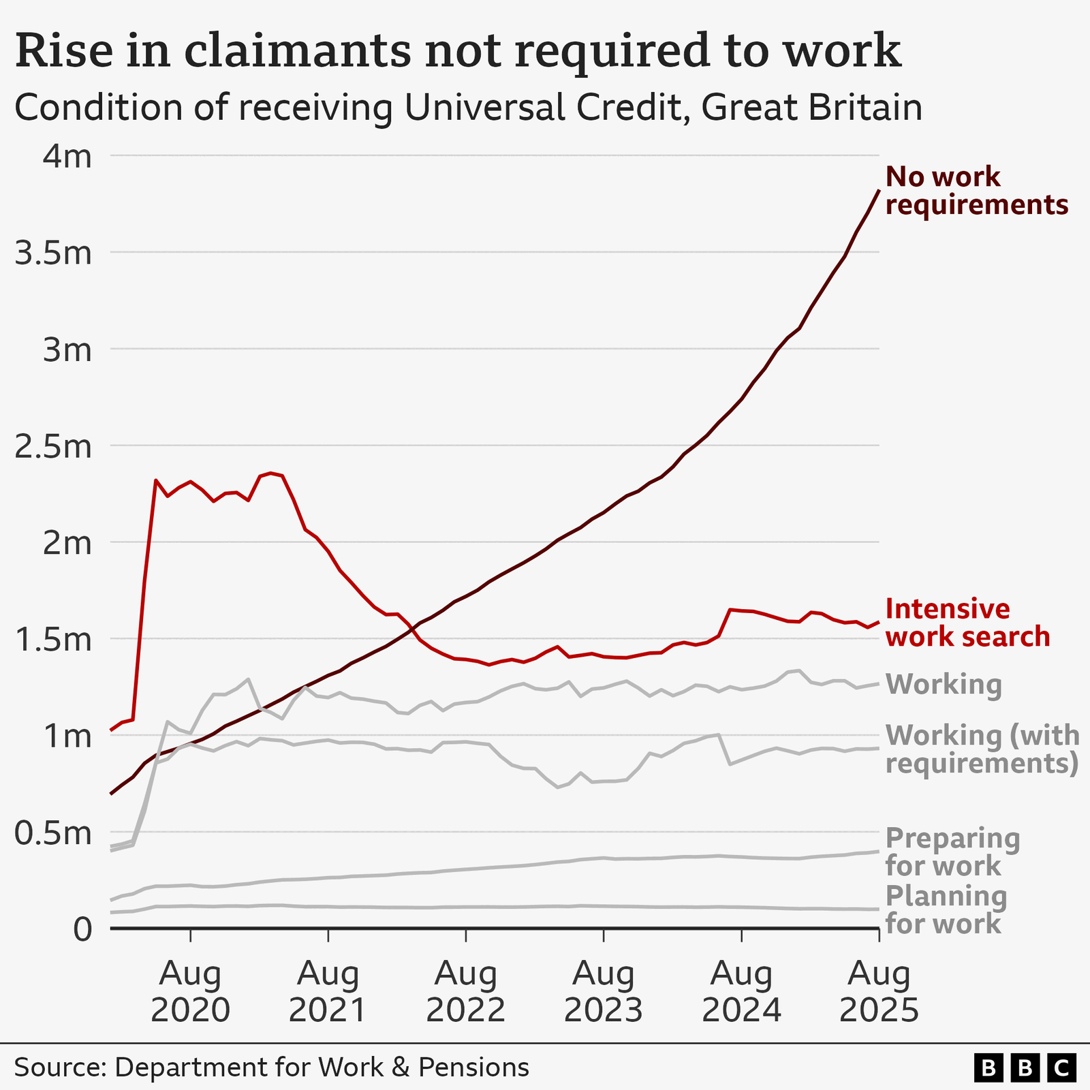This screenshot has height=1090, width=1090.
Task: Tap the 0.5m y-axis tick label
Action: point(52,832)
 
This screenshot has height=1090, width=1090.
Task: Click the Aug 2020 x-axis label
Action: point(190,992)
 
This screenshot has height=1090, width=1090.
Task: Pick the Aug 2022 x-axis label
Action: point(465,992)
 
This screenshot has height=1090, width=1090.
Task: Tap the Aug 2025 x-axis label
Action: point(879,992)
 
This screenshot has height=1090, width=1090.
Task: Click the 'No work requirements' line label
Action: point(976,191)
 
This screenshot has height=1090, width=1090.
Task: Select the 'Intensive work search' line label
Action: point(967,623)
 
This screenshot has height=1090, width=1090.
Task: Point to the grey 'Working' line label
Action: point(944,684)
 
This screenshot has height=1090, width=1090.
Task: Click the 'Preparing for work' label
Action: point(952,852)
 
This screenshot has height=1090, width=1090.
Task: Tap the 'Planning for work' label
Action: point(946,910)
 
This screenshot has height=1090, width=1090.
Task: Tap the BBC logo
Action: point(1025,1068)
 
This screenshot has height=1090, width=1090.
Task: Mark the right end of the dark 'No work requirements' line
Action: point(879,191)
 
